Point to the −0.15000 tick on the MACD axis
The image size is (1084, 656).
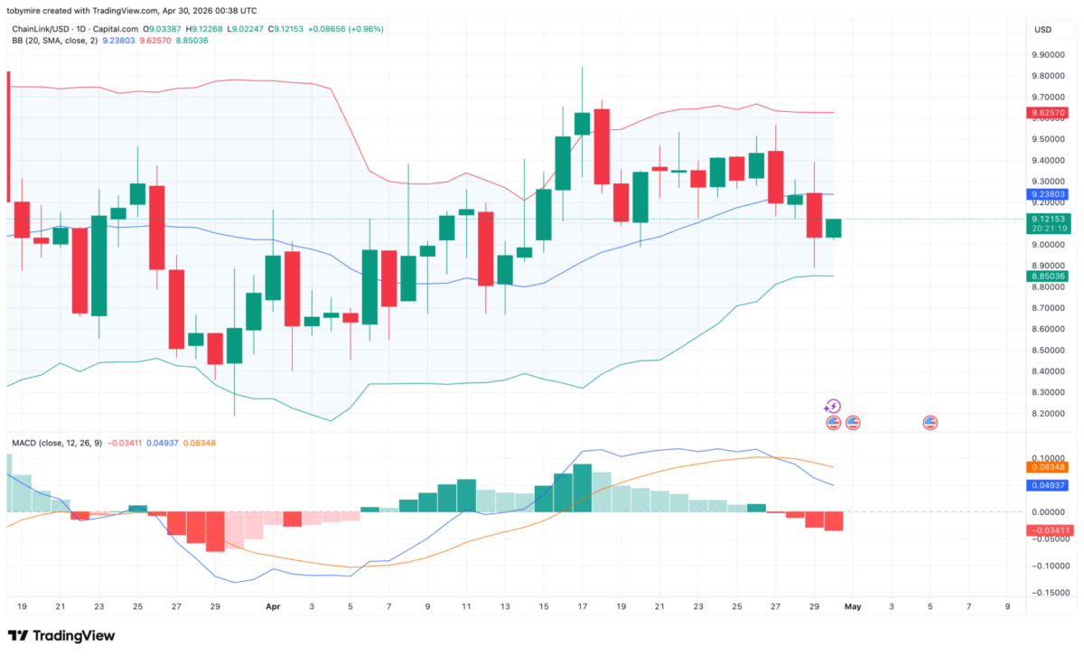coord(1048,593)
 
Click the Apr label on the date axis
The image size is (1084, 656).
coord(273,608)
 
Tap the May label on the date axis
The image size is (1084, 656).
coord(854,608)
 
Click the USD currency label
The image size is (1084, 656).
coord(1043,30)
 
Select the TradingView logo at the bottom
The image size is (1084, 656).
coord(61,635)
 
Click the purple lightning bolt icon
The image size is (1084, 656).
coord(834,407)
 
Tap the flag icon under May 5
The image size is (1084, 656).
coord(930,422)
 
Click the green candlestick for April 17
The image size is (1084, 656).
coord(582,124)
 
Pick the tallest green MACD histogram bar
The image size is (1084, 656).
coord(582,488)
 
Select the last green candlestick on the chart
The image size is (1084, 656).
coord(834,228)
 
